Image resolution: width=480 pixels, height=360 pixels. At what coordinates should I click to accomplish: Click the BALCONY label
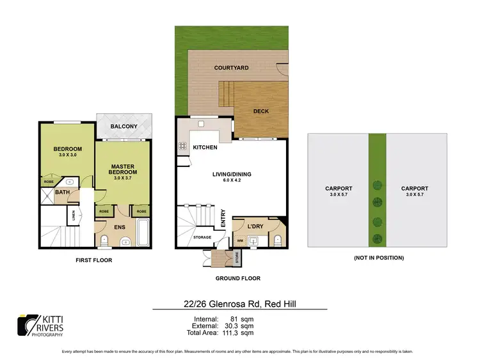(x=124, y=127)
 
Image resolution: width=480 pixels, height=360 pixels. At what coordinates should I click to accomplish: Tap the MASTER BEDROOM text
(x=123, y=168)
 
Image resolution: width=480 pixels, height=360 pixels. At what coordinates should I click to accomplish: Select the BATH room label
(x=62, y=191)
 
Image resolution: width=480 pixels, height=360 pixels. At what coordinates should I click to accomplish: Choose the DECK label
(x=260, y=111)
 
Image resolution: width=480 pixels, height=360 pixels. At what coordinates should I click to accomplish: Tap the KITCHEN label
(x=205, y=148)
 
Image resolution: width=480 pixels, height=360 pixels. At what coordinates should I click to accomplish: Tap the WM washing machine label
(x=240, y=241)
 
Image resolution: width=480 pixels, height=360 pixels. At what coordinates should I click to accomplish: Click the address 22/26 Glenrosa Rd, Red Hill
(x=239, y=304)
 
